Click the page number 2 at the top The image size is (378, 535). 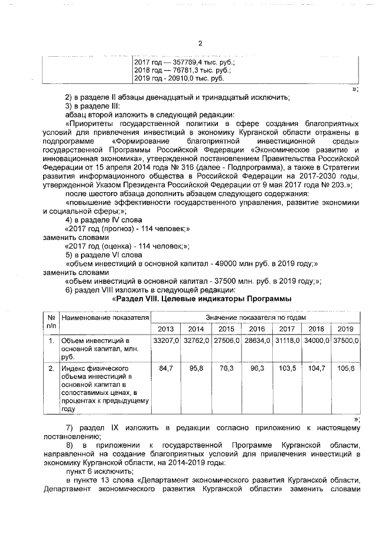point(200,43)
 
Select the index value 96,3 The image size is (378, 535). point(256,368)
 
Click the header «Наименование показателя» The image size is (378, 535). point(104,319)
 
